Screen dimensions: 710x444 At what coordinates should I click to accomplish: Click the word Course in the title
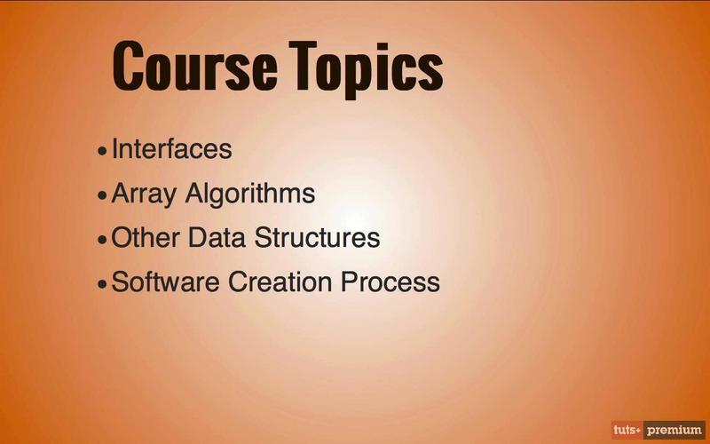tap(195, 66)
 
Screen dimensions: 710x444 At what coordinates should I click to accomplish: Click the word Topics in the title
tap(367, 70)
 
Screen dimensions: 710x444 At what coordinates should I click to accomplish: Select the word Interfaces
tap(171, 148)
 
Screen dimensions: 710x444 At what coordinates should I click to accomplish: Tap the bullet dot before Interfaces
tap(102, 151)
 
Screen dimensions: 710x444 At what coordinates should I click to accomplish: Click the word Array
tap(144, 194)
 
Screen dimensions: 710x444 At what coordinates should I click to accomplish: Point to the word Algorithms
tap(250, 194)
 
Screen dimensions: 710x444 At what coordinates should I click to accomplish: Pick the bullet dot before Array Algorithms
tap(102, 195)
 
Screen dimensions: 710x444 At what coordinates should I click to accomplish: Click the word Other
tap(146, 237)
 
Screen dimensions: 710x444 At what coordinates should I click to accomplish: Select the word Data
tap(217, 237)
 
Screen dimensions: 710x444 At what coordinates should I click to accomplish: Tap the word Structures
tap(317, 237)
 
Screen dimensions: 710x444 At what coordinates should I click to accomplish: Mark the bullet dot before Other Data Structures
tap(102, 240)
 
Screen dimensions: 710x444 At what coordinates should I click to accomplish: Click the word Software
tap(165, 281)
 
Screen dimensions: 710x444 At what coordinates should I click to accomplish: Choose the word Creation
tap(280, 281)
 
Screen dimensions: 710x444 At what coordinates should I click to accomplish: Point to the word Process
tap(390, 281)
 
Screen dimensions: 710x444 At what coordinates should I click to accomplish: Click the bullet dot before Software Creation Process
tap(102, 284)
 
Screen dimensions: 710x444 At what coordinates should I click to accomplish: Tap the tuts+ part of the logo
tap(627, 430)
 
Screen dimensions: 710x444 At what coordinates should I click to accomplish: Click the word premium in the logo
tap(674, 430)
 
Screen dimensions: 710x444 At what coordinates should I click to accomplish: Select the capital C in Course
tap(128, 66)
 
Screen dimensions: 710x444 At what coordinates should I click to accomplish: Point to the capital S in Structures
tap(263, 237)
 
